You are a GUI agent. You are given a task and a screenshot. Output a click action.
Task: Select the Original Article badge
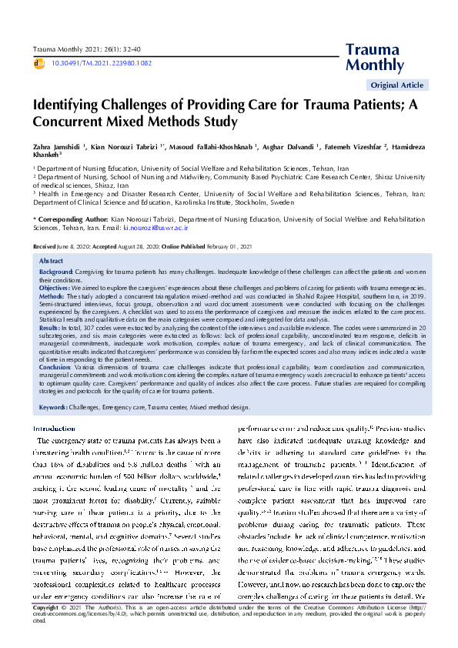[396, 85]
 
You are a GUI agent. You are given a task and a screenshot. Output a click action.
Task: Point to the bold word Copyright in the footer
[46, 629]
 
